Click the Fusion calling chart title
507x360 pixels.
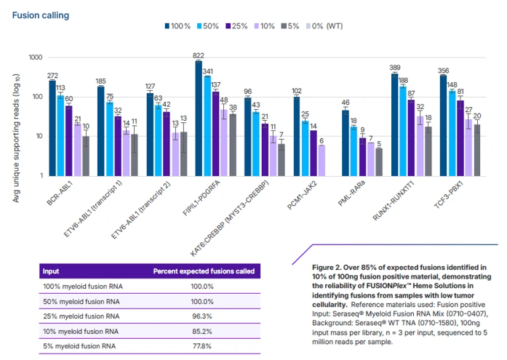[x=41, y=15]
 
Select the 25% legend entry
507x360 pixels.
[x=236, y=26]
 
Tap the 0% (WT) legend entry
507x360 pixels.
[x=324, y=26]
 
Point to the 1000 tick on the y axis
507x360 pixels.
[x=36, y=57]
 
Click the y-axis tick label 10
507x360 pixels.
[x=39, y=136]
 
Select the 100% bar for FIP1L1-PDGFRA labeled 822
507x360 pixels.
[x=199, y=119]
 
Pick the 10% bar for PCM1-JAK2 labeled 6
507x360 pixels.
[x=322, y=161]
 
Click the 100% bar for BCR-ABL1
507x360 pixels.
[x=52, y=128]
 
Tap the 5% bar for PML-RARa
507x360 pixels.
[x=379, y=162]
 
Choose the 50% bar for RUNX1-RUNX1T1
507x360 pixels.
[x=403, y=131]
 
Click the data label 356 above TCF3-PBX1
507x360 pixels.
[x=443, y=71]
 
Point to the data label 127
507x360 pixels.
[x=150, y=87]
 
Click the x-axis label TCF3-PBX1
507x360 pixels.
[x=449, y=194]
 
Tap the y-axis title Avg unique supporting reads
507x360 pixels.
[x=16, y=138]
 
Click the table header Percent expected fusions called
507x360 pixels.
[x=204, y=271]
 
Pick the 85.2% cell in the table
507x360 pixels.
[x=202, y=331]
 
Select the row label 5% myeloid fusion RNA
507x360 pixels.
[x=79, y=346]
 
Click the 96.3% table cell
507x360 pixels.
[x=202, y=316]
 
